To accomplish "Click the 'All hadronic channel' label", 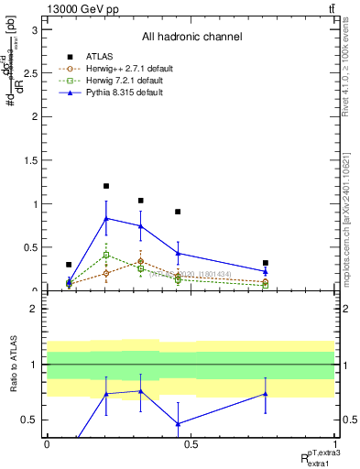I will coord(191,38).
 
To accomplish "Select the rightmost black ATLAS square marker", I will coord(265,263).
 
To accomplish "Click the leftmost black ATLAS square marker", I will coord(69,265).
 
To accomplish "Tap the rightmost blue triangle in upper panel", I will coord(265,271).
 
